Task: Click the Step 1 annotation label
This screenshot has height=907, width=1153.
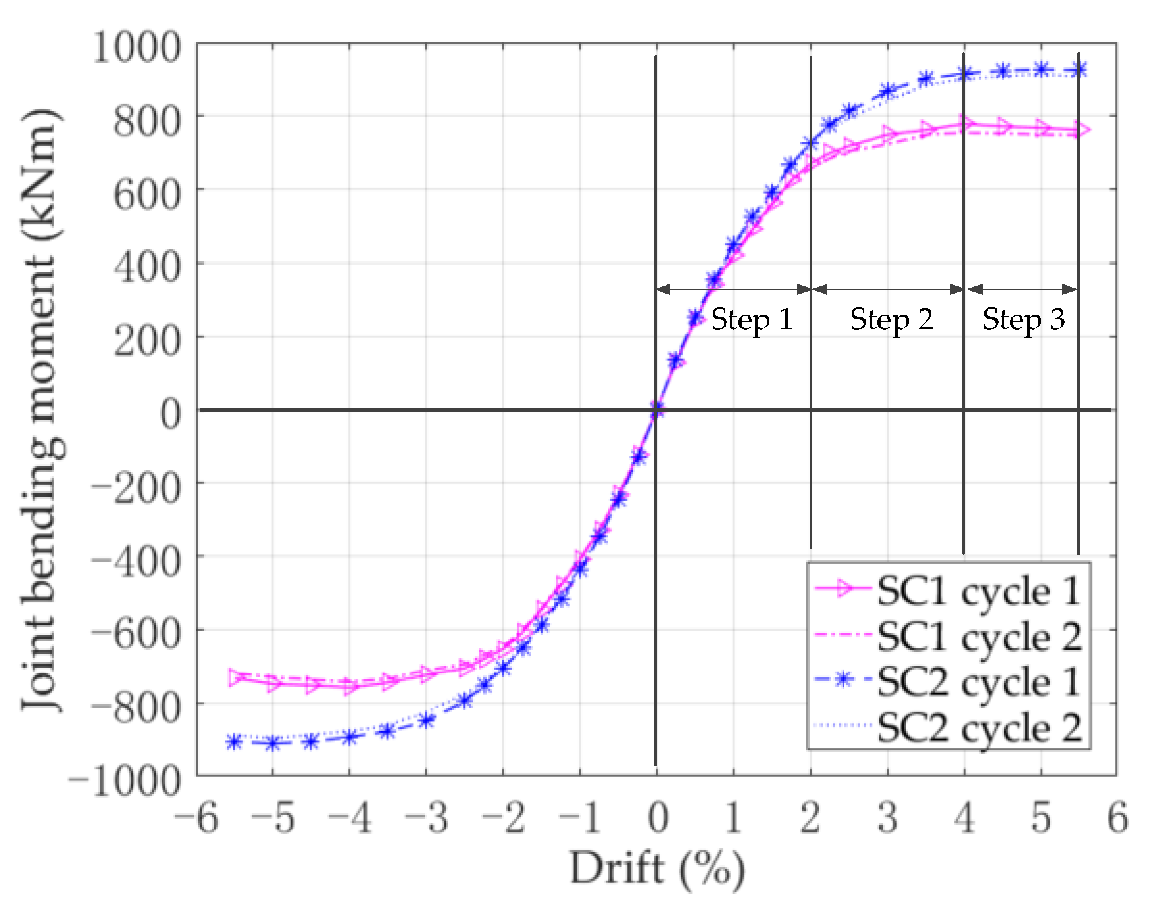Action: (x=751, y=320)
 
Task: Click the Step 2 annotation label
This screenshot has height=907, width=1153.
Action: (x=891, y=320)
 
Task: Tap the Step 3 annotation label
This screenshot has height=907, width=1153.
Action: (x=1023, y=320)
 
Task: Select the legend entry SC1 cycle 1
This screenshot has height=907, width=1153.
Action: (x=978, y=591)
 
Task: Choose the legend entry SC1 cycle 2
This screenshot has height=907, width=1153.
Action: (x=978, y=637)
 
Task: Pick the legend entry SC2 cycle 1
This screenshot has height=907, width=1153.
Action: (x=978, y=682)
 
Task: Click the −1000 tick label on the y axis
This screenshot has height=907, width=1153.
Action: (x=125, y=782)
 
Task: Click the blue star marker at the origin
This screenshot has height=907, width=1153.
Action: (x=657, y=410)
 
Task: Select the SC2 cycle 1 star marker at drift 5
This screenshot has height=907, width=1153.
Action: (x=1042, y=70)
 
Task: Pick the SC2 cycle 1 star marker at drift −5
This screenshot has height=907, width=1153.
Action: (x=272, y=743)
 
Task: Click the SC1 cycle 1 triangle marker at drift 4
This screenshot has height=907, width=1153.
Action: (x=966, y=124)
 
